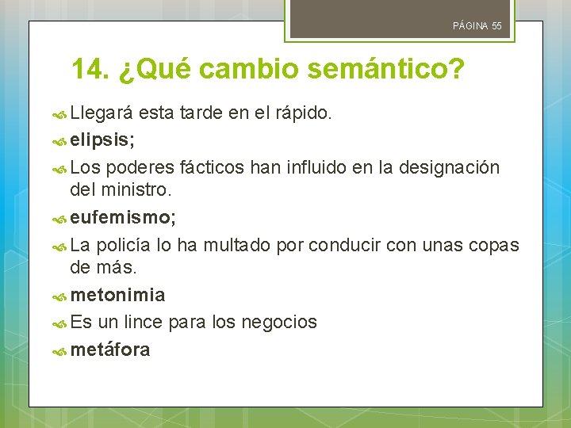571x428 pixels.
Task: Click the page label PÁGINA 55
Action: pyautogui.click(x=477, y=26)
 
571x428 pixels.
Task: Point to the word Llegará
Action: pyautogui.click(x=103, y=113)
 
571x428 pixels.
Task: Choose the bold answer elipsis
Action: pyautogui.click(x=102, y=140)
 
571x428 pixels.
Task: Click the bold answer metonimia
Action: pyautogui.click(x=118, y=295)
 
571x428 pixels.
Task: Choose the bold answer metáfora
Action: pyautogui.click(x=110, y=349)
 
